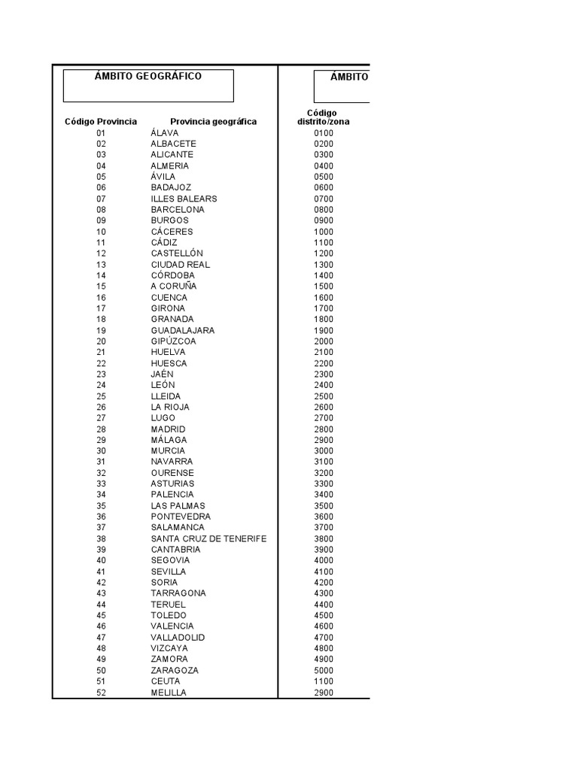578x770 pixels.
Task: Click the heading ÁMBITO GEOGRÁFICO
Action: click(148, 77)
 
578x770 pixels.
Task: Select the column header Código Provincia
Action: click(101, 122)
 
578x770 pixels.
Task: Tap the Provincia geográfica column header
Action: click(213, 122)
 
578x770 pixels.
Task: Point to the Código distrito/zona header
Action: click(323, 117)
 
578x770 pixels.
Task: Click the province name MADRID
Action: click(168, 429)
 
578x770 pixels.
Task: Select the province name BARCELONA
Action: click(178, 210)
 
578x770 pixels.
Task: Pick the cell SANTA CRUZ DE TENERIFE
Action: click(208, 539)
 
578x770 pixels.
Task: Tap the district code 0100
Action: click(324, 133)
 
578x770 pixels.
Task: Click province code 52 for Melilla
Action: click(102, 693)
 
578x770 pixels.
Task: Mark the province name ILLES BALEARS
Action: click(184, 199)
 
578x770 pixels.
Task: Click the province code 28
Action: click(102, 429)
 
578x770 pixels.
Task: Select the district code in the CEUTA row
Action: click(324, 681)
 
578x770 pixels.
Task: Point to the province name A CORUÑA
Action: click(173, 286)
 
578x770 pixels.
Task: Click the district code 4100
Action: click(324, 571)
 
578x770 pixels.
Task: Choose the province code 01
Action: click(102, 133)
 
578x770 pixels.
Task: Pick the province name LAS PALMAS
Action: click(178, 506)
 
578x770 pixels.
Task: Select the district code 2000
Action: click(324, 341)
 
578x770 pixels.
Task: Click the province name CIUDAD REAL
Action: click(181, 265)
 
